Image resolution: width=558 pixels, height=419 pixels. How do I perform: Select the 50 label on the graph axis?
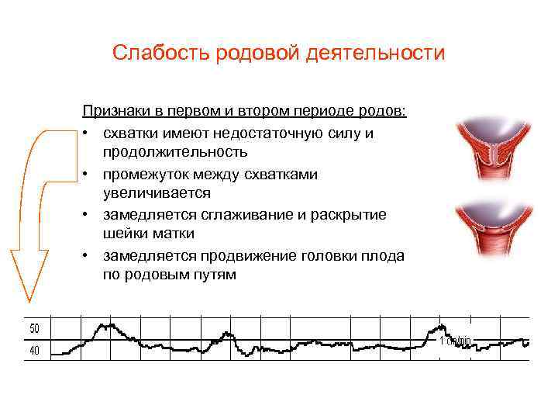pyautogui.click(x=34, y=329)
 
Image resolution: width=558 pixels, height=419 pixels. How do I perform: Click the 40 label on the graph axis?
pyautogui.click(x=34, y=351)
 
